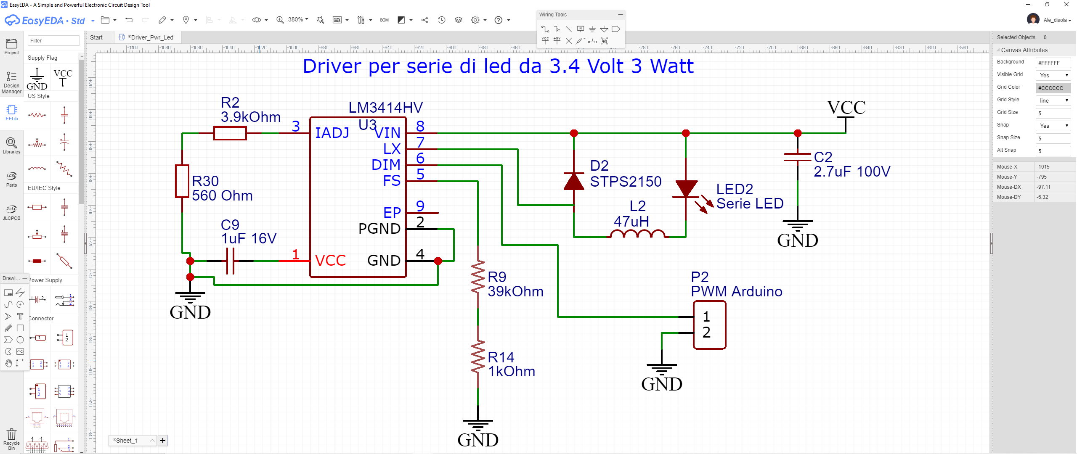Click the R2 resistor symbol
pos(230,133)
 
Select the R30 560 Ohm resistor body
pos(182,181)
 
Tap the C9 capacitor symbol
pos(230,261)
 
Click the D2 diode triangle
pos(574,181)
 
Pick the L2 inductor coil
pos(637,234)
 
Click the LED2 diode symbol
pos(686,189)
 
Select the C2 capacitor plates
pos(798,157)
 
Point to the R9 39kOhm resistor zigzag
pos(478,277)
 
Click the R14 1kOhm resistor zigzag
pos(478,357)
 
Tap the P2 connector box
pos(709,325)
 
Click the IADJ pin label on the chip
pos(332,133)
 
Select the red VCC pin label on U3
pos(330,261)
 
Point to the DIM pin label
pos(385,165)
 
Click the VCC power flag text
pos(846,108)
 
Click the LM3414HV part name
pos(385,108)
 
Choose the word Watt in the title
pos(672,66)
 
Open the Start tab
pos(96,37)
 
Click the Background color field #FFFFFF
pos(1053,63)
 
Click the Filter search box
pos(53,41)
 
